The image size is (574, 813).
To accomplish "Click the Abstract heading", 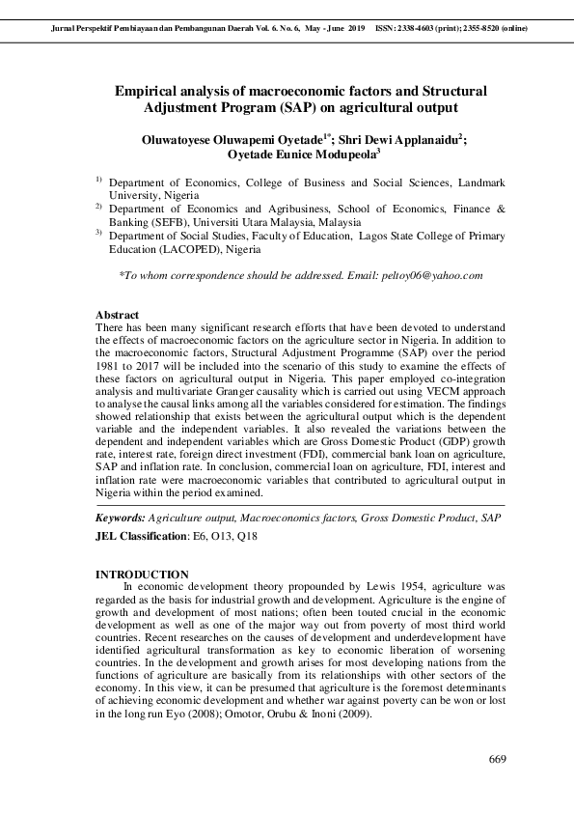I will [x=117, y=316].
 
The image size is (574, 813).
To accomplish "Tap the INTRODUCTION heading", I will [x=143, y=575].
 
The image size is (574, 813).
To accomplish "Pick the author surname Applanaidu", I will [x=420, y=139].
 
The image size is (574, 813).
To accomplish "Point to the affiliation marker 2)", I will [x=98, y=207].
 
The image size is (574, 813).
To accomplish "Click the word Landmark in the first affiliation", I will [x=478, y=182].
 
